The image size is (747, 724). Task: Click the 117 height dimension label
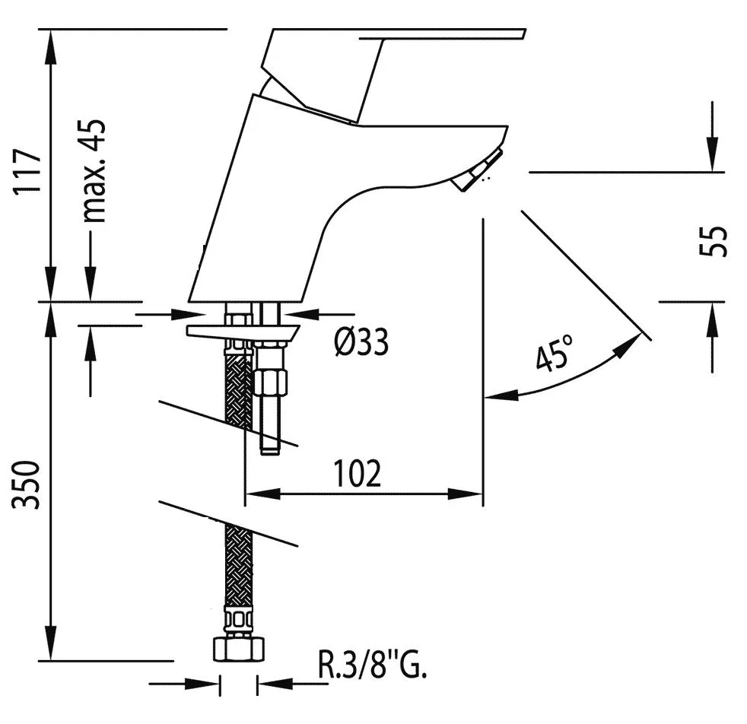[x=27, y=171]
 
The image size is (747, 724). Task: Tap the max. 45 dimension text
[x=92, y=170]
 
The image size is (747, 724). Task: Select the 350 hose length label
[x=27, y=484]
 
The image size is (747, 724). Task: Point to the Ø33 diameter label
[x=361, y=341]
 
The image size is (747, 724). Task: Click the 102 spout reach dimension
[x=358, y=473]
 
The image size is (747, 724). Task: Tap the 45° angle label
[x=553, y=352]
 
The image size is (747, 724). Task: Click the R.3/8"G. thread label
[x=372, y=665]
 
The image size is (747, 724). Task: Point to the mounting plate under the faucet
[x=243, y=333]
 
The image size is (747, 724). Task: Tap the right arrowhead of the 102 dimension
[x=466, y=494]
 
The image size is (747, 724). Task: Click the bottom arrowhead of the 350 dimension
[x=50, y=643]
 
